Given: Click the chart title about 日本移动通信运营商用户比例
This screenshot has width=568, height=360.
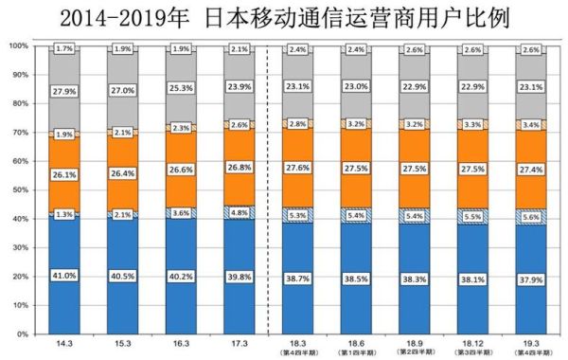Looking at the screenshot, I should coord(284,17).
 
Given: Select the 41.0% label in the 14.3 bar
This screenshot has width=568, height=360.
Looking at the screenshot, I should coord(64,275).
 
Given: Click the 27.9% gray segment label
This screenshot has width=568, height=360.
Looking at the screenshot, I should coord(64,92).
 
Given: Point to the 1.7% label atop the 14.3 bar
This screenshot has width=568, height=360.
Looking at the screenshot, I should coord(64,47).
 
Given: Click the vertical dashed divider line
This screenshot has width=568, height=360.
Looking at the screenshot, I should coord(269,189).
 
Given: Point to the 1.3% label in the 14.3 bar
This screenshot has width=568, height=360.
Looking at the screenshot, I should coord(64,214).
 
